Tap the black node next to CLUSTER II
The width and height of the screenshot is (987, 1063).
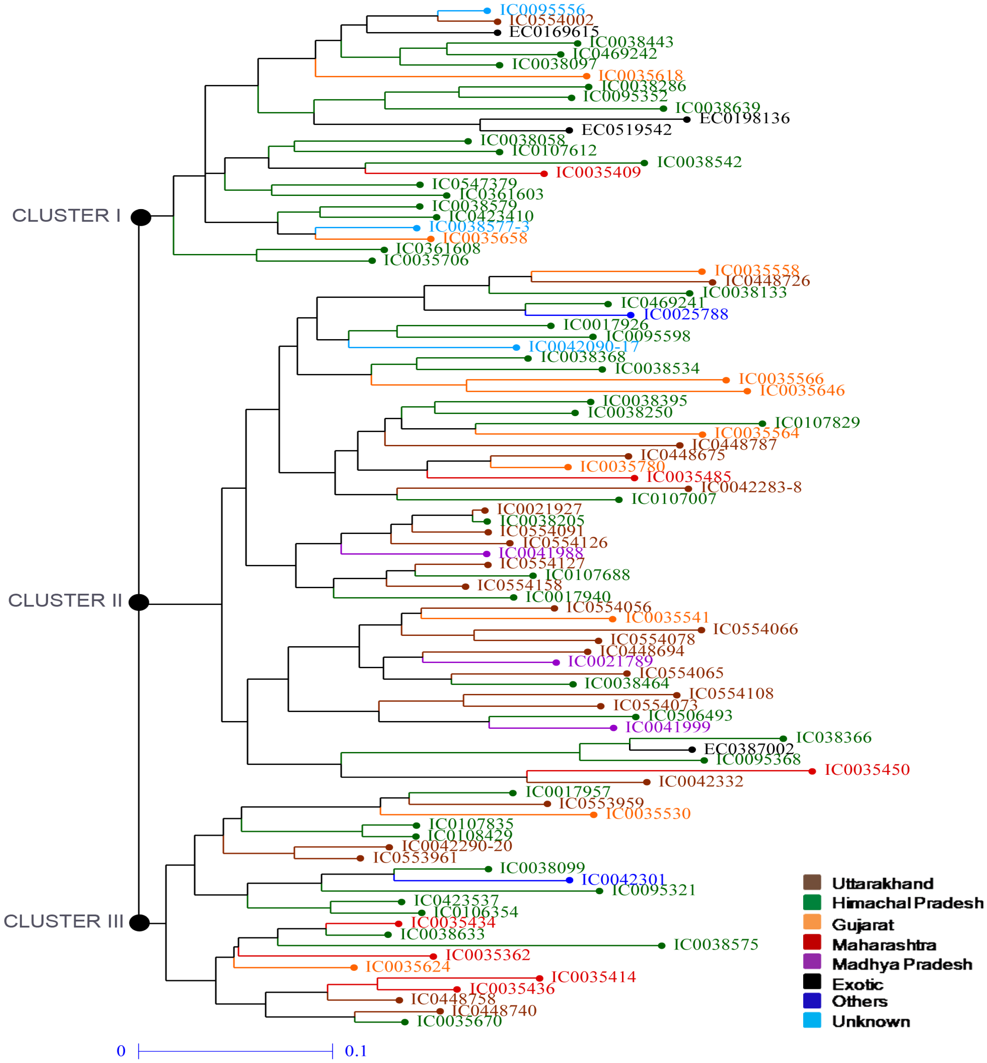[x=139, y=602]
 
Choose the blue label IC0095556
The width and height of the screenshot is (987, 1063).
[x=542, y=10]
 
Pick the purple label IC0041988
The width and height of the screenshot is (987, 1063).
[x=540, y=553]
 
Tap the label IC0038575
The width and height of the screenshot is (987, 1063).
[x=716, y=945]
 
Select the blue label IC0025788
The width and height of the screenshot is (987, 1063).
[x=686, y=314]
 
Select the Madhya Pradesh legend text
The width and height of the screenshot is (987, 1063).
[x=902, y=964]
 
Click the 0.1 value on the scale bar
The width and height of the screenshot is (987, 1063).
[x=356, y=1051]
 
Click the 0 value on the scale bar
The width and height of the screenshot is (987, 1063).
[x=121, y=1051]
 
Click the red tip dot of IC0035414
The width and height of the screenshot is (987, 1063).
[x=539, y=978]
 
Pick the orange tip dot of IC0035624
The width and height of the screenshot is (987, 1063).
[x=354, y=968]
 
